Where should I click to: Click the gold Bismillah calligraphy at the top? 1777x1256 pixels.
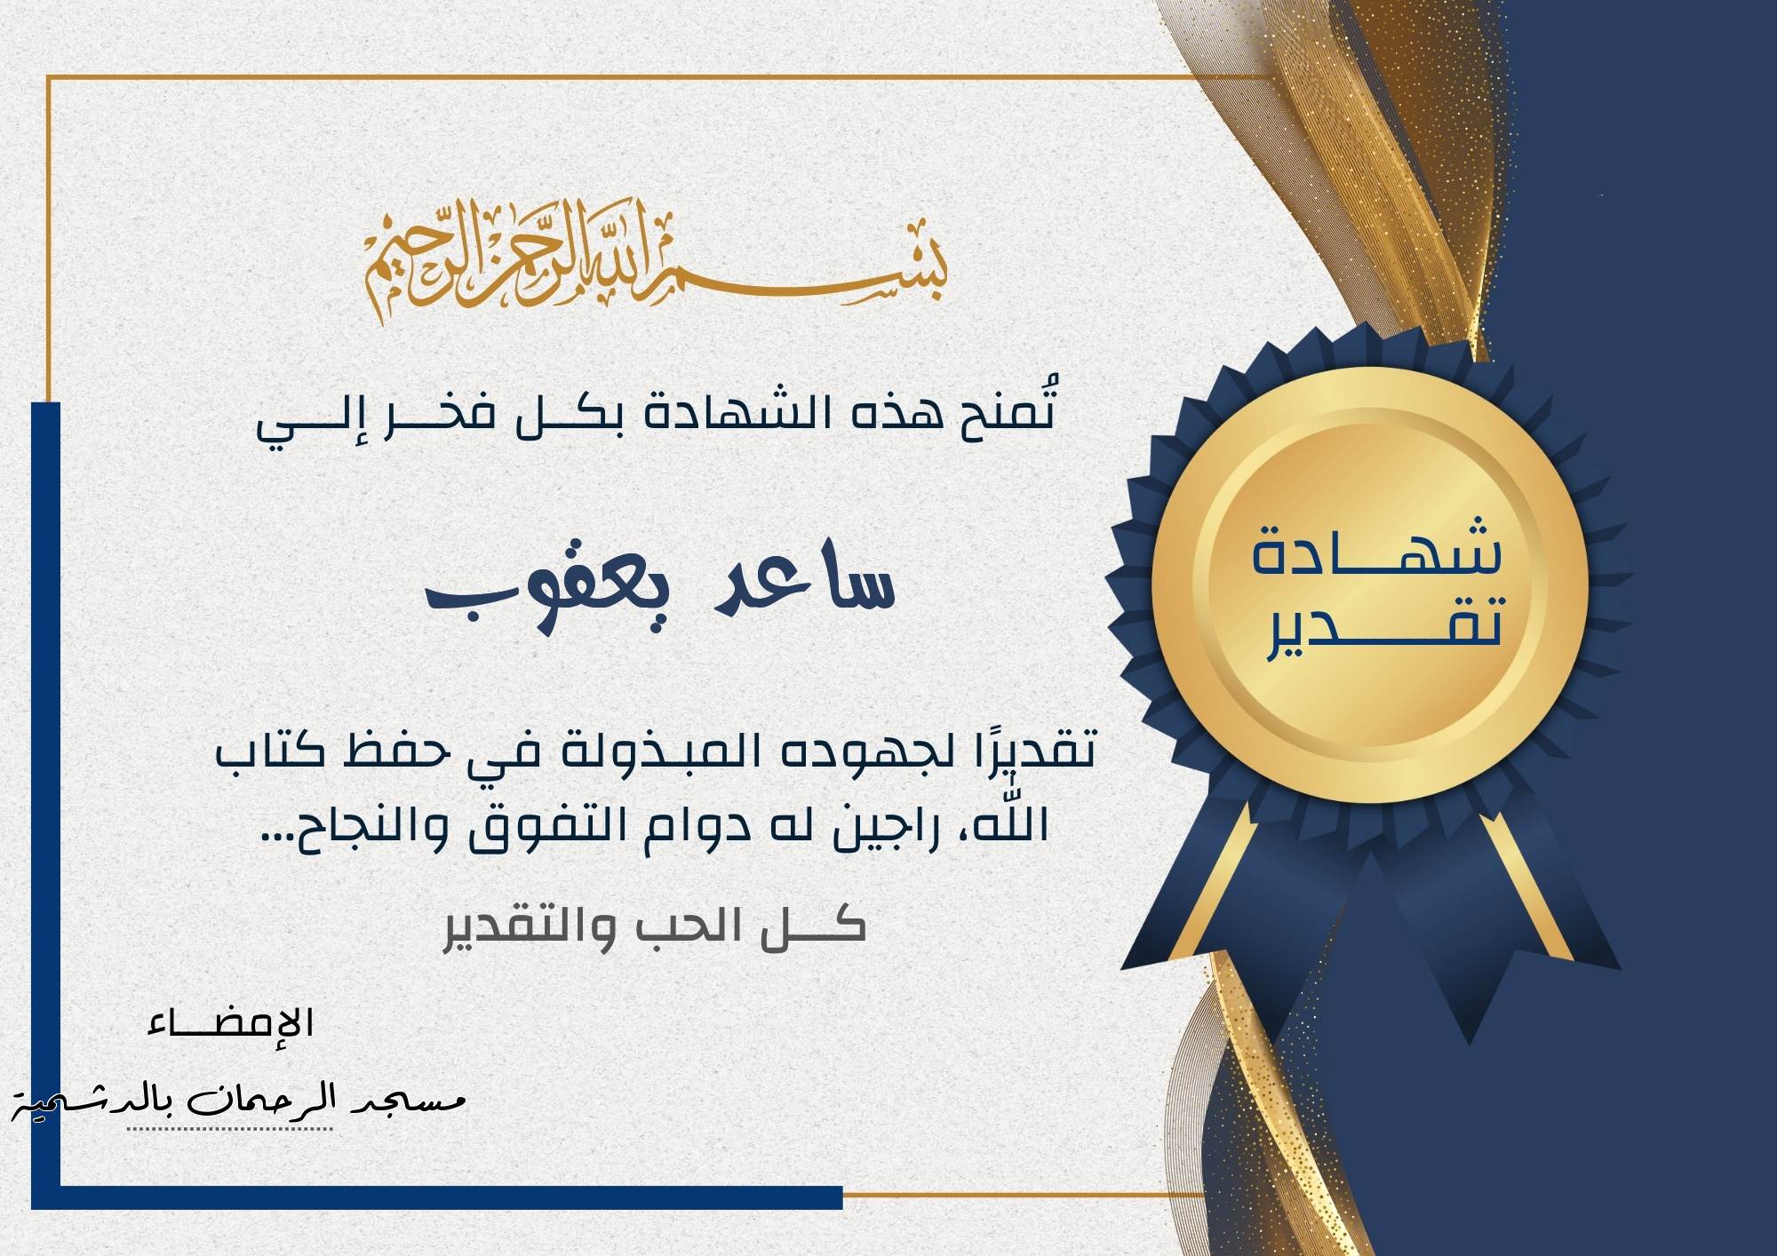tap(656, 259)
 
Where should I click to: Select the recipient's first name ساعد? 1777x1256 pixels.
tap(805, 578)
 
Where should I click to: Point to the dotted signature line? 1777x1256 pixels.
tap(230, 1129)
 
